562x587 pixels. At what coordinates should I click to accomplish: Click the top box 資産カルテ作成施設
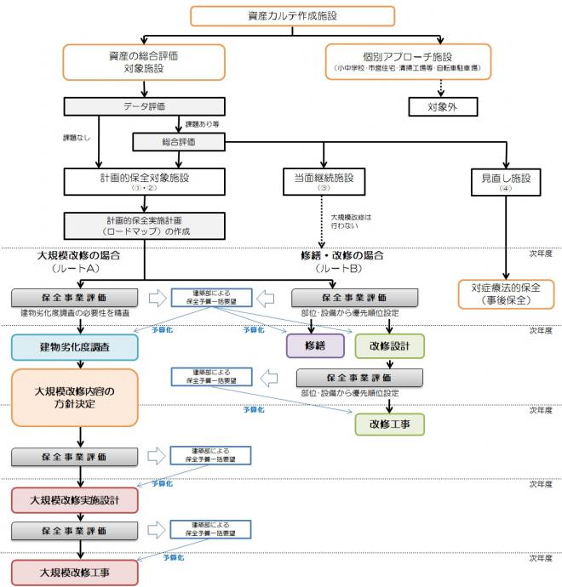tap(292, 16)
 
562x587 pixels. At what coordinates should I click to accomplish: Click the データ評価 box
tap(144, 107)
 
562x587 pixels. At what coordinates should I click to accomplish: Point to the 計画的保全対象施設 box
tap(144, 180)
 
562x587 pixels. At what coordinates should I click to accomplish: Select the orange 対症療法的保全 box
tap(506, 293)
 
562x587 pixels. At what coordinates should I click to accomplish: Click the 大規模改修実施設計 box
tap(74, 499)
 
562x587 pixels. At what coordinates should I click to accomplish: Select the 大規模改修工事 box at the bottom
tap(74, 571)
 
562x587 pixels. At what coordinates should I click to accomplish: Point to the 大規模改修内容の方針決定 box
tap(74, 397)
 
